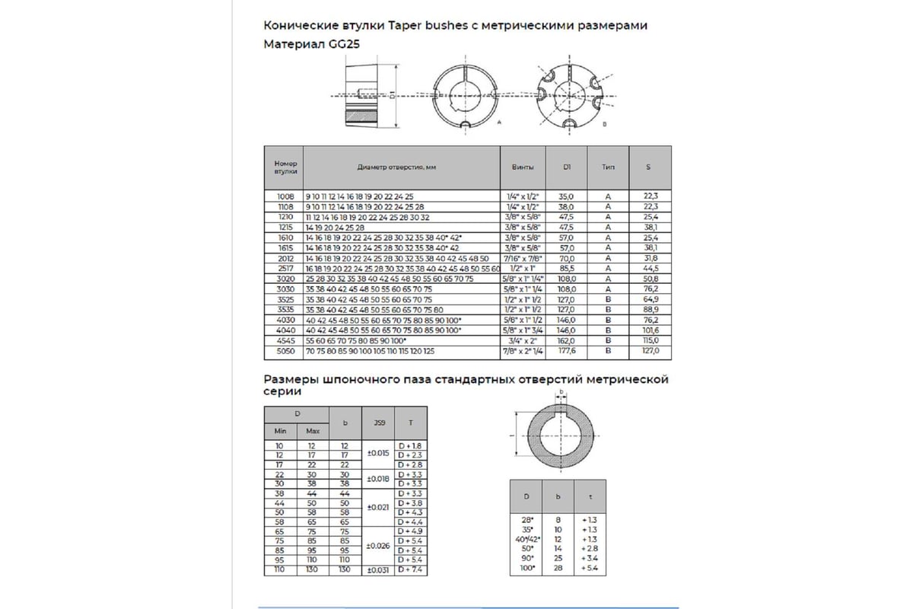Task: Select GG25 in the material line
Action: coord(343,45)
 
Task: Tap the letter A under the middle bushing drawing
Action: coord(498,122)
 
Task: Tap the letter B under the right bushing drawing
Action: coord(604,122)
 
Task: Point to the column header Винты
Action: coord(523,167)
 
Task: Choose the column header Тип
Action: coord(608,167)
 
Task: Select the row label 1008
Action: coord(284,196)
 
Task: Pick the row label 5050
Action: coord(284,352)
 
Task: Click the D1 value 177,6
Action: coord(567,352)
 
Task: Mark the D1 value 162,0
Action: coord(567,342)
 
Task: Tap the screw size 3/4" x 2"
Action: coord(523,342)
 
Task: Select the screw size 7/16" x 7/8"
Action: coord(523,259)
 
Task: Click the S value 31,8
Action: coord(648,259)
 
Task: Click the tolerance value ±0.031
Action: coord(378,570)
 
